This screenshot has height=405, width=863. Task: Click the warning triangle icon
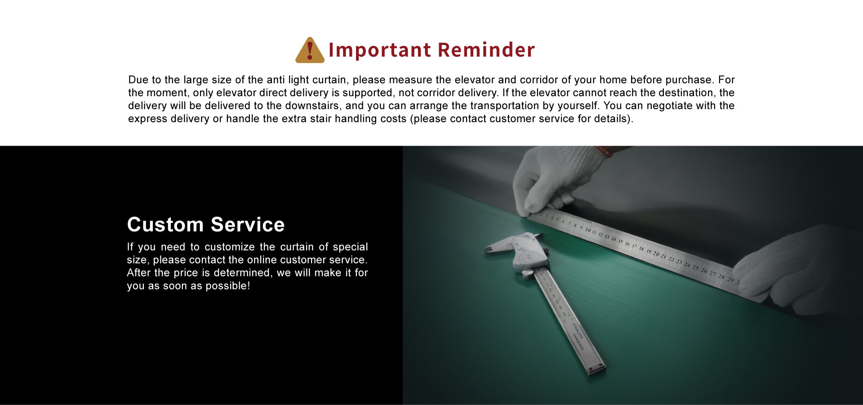pyautogui.click(x=310, y=50)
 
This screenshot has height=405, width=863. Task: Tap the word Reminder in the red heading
pyautogui.click(x=486, y=50)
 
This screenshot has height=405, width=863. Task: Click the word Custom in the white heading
pyautogui.click(x=165, y=225)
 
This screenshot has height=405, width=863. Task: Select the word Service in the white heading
pyautogui.click(x=248, y=225)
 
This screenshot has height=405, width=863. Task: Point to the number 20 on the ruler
pyautogui.click(x=656, y=254)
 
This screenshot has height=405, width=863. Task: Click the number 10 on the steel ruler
pyautogui.click(x=588, y=230)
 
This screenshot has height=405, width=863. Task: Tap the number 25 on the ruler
pyautogui.click(x=695, y=267)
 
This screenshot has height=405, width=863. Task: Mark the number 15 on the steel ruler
pyautogui.click(x=620, y=241)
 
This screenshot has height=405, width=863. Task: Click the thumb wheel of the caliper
pyautogui.click(x=528, y=273)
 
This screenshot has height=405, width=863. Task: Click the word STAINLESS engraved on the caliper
pyautogui.click(x=578, y=330)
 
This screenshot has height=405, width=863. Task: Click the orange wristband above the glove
pyautogui.click(x=604, y=151)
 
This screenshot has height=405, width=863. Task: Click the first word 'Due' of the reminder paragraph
pyautogui.click(x=138, y=80)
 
